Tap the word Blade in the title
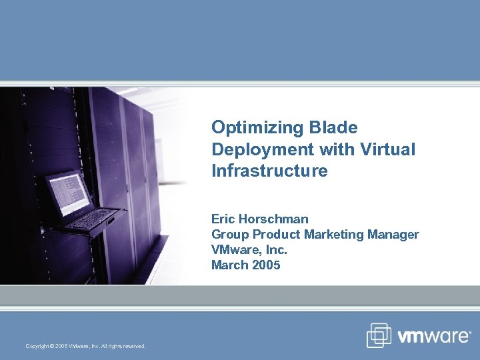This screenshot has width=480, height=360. pyautogui.click(x=335, y=127)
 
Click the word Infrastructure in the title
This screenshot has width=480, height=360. pyautogui.click(x=269, y=171)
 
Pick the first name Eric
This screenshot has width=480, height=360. pyautogui.click(x=223, y=219)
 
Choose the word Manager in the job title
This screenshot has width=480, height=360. pyautogui.click(x=393, y=234)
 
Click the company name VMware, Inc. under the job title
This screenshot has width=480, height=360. pyautogui.click(x=249, y=249)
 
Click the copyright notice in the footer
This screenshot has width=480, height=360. pyautogui.click(x=85, y=345)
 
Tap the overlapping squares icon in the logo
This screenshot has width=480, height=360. pyautogui.click(x=379, y=335)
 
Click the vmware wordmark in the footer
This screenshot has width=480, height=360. pyautogui.click(x=433, y=337)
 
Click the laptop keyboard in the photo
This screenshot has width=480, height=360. pyautogui.click(x=93, y=218)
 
